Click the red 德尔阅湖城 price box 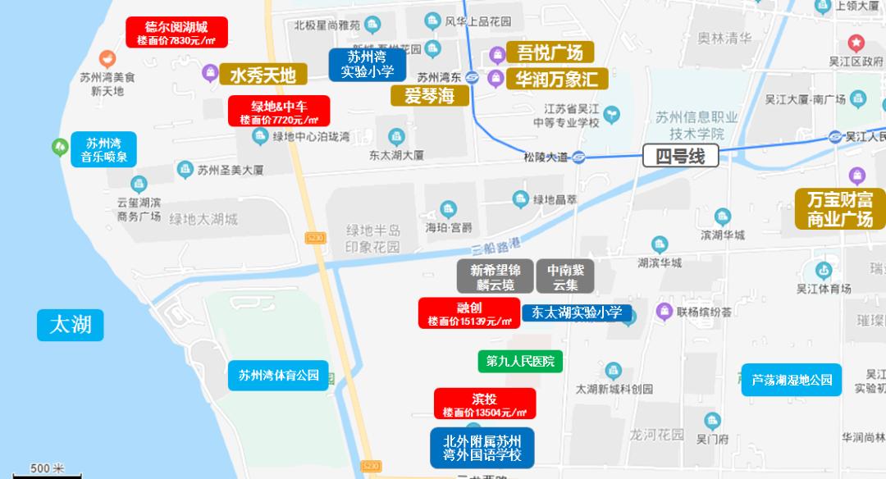point(176,33)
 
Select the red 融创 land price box point(469,312)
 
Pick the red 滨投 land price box point(485,404)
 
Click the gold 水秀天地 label point(263,75)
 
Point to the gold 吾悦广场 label point(550,53)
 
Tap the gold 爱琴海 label point(429,96)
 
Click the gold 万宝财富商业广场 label point(839,209)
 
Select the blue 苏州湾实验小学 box point(368,64)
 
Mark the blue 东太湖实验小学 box point(577,312)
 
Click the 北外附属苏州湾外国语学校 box point(482,448)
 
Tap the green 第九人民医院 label point(520,361)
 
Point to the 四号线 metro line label point(680,156)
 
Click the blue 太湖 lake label point(71,324)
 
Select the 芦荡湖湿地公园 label point(792,380)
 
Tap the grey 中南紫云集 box point(565,277)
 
